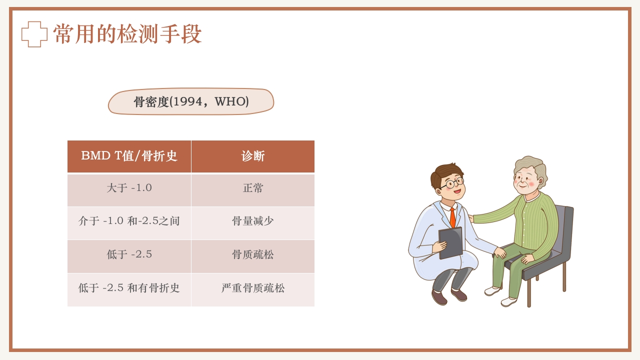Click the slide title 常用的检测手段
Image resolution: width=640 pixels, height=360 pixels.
127,34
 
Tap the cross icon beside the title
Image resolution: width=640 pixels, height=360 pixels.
34,34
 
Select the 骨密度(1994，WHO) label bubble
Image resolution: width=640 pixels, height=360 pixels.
191,101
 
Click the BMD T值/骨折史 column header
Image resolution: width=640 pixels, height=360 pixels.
129,156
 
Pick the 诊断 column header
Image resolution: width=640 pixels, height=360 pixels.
253,156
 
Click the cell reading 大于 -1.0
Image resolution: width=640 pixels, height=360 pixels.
129,188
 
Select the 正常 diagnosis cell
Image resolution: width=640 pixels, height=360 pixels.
253,188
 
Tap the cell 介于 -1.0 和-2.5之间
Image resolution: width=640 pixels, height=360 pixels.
129,221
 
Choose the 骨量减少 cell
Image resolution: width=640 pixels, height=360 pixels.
253,221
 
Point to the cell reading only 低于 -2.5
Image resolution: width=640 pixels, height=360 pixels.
129,254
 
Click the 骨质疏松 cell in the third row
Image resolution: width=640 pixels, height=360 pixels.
253,254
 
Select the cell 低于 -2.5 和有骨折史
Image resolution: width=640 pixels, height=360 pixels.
129,288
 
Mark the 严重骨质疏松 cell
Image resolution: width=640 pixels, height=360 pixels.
253,288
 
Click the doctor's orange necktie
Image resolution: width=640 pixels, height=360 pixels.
452,217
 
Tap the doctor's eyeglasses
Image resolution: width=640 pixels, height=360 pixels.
452,183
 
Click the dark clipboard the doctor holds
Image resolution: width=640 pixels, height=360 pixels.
451,242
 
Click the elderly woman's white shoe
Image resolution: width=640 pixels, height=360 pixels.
508,301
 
